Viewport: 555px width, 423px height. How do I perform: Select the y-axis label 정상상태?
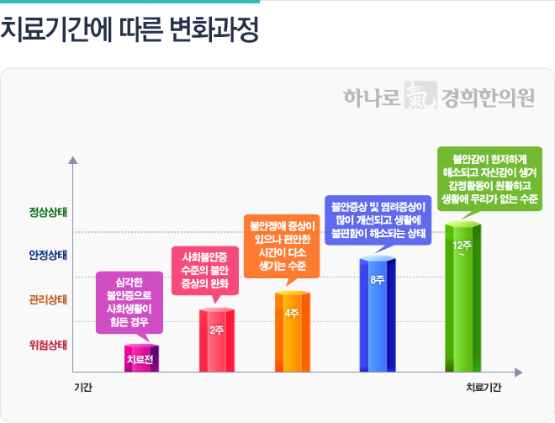tap(48, 210)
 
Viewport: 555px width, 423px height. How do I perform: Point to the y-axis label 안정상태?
tap(48, 254)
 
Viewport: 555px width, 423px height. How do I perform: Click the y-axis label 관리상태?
tap(48, 299)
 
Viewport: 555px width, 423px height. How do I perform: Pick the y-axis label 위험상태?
tap(48, 344)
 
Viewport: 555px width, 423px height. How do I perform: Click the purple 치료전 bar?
tap(141, 358)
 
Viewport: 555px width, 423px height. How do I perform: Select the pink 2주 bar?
tap(216, 340)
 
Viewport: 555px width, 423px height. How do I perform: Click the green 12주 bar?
tap(462, 294)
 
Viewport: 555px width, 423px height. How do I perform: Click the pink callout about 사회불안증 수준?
tap(205, 269)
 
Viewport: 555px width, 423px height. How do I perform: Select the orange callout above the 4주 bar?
tap(282, 245)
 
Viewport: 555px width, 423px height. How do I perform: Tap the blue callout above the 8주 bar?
tap(378, 219)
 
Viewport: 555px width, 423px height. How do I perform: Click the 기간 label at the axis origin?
tap(82, 388)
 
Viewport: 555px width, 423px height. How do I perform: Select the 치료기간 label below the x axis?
tap(484, 388)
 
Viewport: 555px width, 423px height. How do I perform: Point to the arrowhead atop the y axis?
tap(74, 159)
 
